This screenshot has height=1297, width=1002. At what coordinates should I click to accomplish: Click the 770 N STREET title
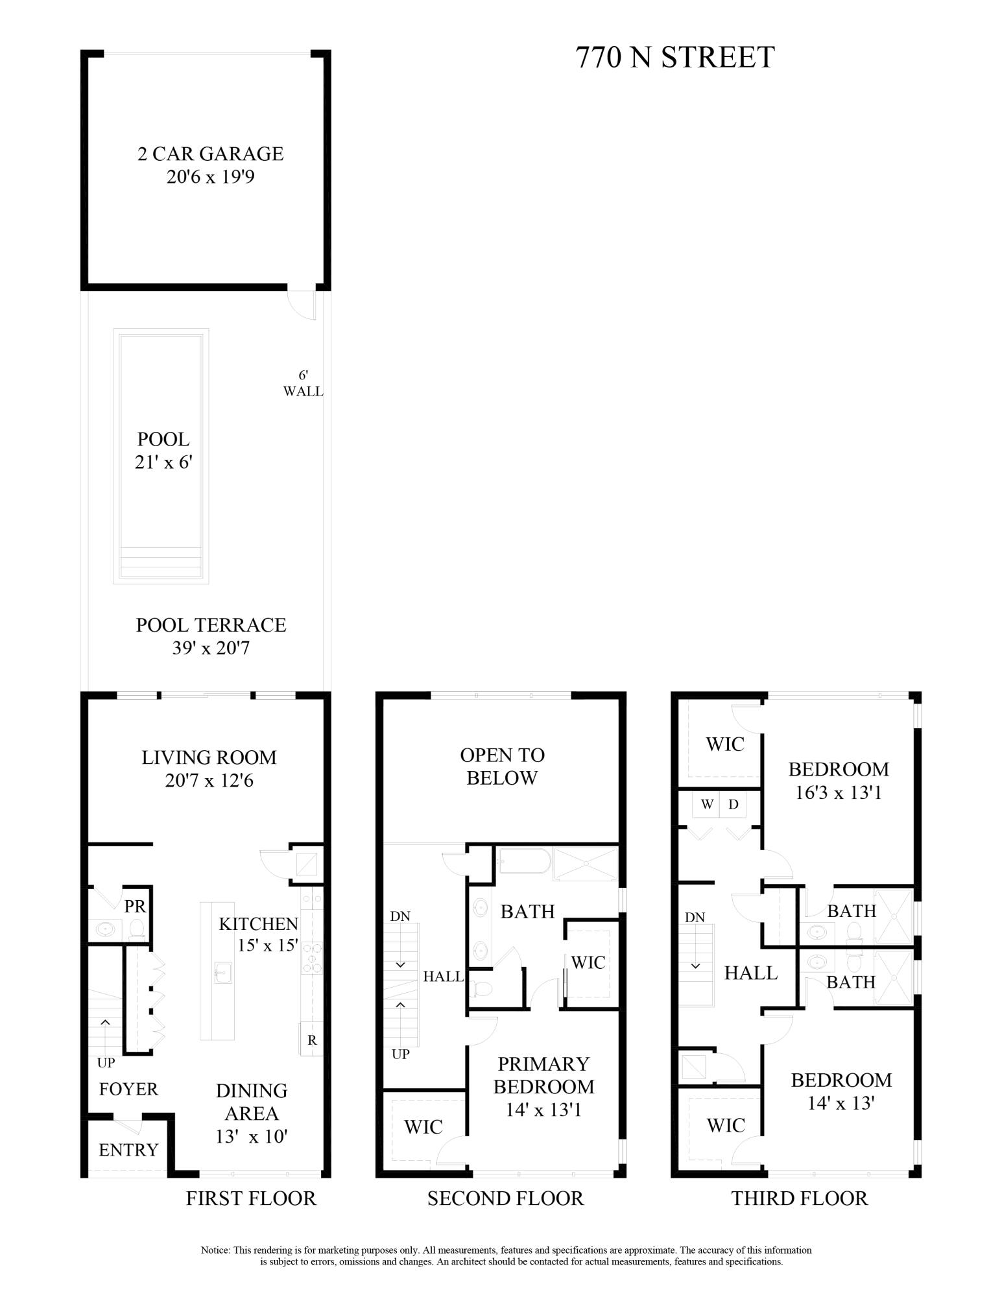[674, 58]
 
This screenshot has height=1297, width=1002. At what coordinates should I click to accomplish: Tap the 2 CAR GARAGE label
[210, 154]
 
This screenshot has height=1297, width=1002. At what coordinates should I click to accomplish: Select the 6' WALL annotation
[303, 383]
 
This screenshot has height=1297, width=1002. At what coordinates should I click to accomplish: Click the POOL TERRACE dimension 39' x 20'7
[210, 648]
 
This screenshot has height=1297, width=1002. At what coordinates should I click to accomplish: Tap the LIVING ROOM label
[209, 757]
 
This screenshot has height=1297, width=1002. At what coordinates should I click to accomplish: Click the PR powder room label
[135, 906]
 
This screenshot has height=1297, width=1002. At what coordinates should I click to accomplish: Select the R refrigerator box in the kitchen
[312, 1040]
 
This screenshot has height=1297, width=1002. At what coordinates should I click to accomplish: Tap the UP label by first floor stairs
[106, 1063]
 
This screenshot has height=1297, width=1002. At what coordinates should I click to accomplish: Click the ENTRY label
[128, 1150]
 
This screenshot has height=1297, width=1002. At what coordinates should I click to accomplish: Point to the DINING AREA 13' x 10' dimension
[252, 1136]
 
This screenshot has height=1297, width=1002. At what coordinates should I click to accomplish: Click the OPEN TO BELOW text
[502, 766]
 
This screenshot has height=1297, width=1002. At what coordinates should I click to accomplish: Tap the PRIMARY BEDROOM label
[543, 1075]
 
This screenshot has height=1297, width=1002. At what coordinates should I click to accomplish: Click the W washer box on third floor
[707, 805]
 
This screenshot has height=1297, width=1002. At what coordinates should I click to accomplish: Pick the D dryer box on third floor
[733, 805]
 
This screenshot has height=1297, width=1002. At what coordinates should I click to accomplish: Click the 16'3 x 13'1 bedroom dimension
[839, 792]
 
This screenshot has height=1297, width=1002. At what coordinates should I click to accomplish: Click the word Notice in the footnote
[215, 1250]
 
